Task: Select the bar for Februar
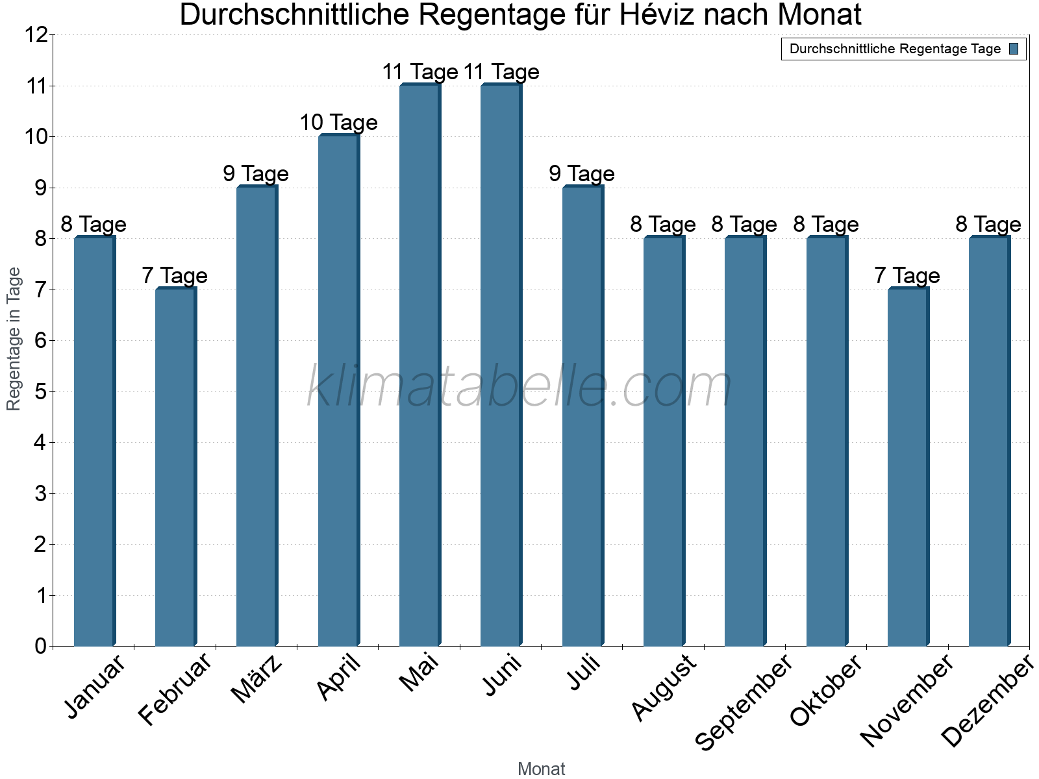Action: [x=175, y=467]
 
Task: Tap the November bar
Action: [x=908, y=467]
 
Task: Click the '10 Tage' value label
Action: [x=338, y=122]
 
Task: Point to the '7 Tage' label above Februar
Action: [x=175, y=275]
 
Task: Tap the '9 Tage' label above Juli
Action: [x=582, y=173]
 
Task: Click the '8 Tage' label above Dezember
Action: [x=988, y=224]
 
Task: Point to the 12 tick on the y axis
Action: [x=37, y=35]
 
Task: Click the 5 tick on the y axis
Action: [x=41, y=391]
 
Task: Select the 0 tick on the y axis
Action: [x=41, y=646]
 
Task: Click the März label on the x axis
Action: [x=257, y=679]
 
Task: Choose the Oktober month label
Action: [x=826, y=691]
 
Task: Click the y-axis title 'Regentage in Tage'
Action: [x=14, y=339]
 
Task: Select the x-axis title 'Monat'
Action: [x=541, y=769]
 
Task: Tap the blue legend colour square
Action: [x=1014, y=49]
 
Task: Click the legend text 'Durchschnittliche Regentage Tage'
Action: [x=895, y=49]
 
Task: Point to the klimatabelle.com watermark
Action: [x=519, y=387]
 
